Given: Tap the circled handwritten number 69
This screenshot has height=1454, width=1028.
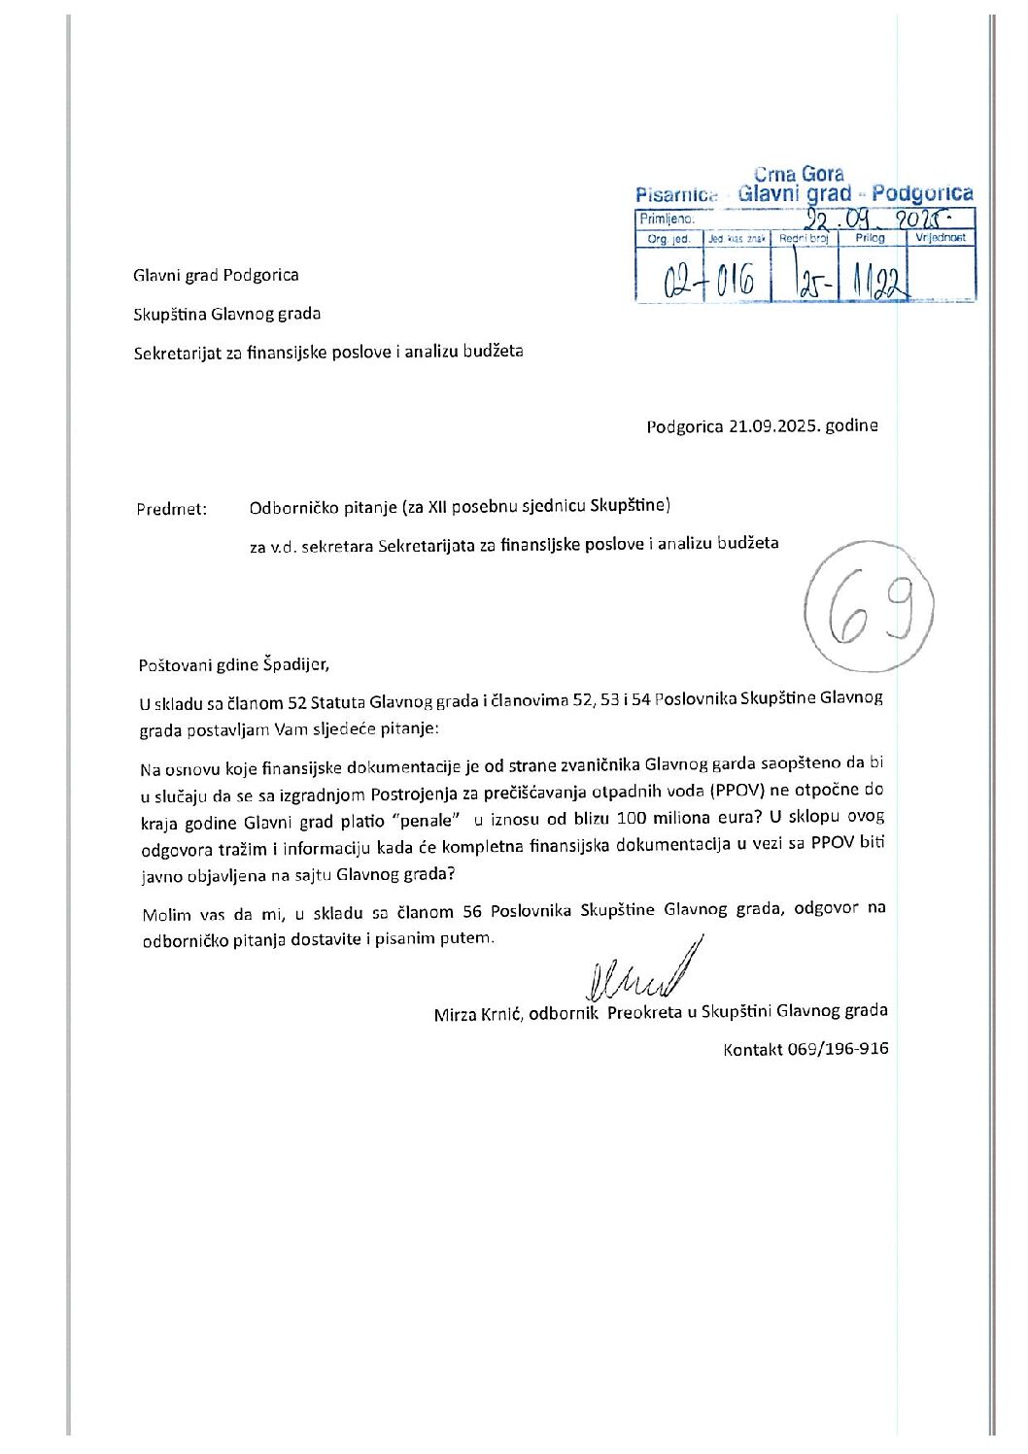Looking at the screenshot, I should point(869,608).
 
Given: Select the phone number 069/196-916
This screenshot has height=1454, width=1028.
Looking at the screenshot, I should point(838,1049).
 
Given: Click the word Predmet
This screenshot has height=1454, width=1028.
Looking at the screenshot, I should point(171,509).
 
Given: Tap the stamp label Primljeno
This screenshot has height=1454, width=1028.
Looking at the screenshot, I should point(667,220).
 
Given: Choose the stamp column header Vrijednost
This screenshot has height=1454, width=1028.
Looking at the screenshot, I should point(941,238).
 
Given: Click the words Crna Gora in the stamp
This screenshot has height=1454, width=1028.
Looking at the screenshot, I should point(799,174).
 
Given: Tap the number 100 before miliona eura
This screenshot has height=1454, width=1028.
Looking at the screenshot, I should point(632,819).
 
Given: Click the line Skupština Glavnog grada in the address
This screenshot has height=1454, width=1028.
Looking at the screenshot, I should point(227,314).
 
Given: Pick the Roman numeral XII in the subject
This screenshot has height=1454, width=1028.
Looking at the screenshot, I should point(440,506).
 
